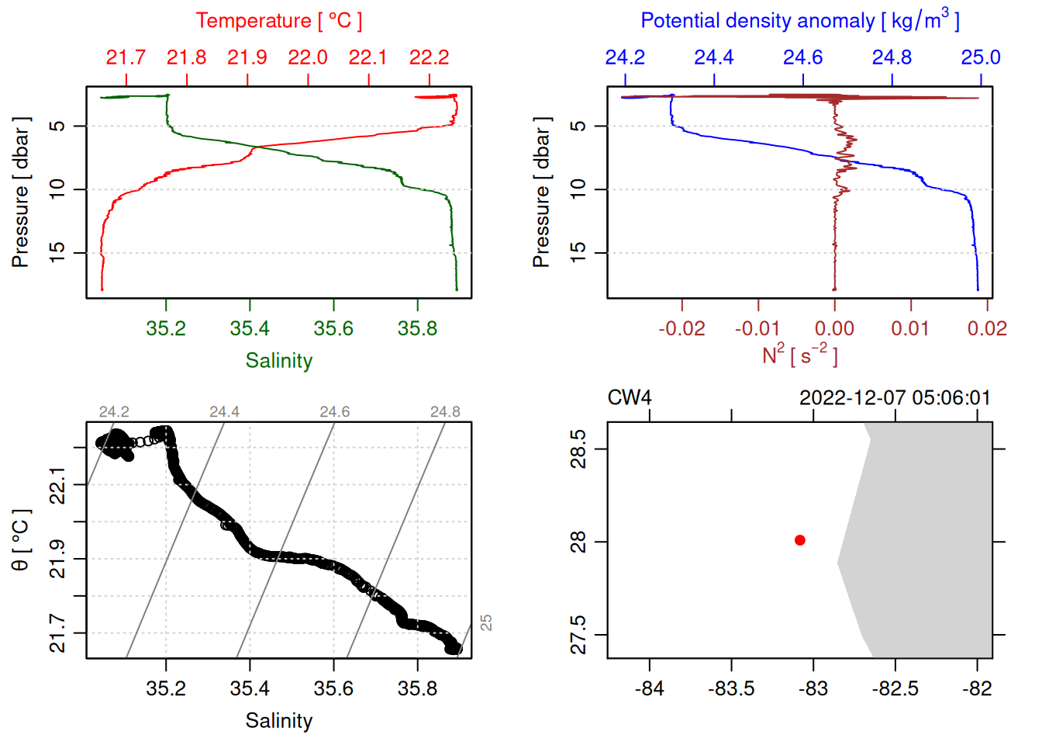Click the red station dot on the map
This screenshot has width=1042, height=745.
(800, 540)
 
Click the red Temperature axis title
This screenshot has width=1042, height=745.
(278, 21)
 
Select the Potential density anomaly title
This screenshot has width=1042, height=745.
(799, 21)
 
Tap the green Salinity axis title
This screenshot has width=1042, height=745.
(278, 361)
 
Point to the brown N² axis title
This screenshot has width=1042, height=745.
(799, 355)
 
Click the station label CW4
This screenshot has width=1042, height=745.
(629, 398)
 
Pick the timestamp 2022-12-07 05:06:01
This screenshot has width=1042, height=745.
(895, 398)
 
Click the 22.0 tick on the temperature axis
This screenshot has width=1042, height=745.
(308, 57)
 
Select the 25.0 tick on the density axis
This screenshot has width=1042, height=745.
(981, 57)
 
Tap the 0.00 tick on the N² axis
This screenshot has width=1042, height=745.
(834, 328)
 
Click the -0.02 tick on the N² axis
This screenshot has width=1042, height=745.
(681, 328)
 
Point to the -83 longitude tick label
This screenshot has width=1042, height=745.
(813, 688)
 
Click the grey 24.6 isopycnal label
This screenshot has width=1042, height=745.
(335, 412)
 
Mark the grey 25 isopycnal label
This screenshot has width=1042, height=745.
(486, 622)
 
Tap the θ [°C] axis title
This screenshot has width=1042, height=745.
(21, 540)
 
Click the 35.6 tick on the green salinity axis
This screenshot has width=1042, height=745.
(333, 328)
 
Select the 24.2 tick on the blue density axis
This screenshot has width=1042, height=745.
(625, 57)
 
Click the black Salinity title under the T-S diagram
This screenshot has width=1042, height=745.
(278, 721)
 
